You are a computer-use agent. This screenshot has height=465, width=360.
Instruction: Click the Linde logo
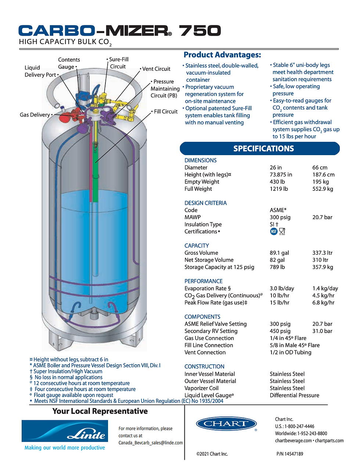tap(65, 431)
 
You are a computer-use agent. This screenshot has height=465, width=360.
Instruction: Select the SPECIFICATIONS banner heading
tap(263, 149)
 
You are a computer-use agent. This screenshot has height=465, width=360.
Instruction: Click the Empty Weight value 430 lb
tap(277, 182)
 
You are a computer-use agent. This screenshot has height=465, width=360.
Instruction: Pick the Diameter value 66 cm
tap(320, 168)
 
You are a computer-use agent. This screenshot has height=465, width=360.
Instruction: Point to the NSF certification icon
tap(274, 231)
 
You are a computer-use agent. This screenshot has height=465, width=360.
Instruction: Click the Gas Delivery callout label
tap(35, 115)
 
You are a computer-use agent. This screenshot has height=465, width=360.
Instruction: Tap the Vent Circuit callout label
tap(156, 69)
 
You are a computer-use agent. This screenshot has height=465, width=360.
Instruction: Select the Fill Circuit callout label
tap(165, 111)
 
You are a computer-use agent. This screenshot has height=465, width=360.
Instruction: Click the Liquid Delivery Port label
tap(40, 71)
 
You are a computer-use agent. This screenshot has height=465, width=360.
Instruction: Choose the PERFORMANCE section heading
tap(204, 281)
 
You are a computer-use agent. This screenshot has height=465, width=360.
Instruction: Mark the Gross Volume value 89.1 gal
tap(279, 253)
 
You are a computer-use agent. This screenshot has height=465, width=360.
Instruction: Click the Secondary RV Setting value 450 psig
tap(280, 331)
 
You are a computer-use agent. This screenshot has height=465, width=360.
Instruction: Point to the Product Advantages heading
tap(222, 55)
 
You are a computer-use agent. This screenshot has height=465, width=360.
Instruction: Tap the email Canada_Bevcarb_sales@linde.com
tap(151, 443)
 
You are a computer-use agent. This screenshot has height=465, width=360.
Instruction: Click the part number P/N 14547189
tap(290, 454)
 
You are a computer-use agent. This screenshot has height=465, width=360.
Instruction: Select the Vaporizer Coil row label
tap(201, 388)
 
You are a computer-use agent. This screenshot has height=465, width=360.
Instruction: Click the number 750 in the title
tap(200, 31)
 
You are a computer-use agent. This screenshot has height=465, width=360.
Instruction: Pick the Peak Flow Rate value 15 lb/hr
tap(279, 303)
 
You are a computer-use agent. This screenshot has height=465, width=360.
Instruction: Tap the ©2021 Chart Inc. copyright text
tap(212, 454)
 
